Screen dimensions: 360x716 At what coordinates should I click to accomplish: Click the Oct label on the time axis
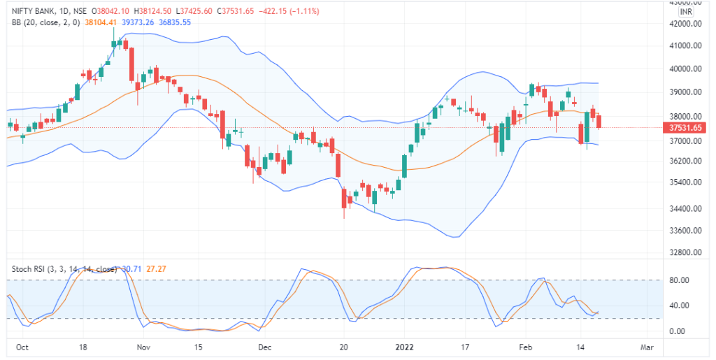(x=22, y=347)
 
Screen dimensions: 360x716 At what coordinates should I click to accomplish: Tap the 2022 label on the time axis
(x=406, y=347)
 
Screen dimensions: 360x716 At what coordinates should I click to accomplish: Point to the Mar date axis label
(x=647, y=347)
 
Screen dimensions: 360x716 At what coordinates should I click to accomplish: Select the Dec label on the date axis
(x=265, y=347)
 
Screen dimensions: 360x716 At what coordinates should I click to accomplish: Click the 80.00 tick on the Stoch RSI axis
(x=680, y=281)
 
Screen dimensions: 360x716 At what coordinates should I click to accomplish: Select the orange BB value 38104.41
(x=101, y=22)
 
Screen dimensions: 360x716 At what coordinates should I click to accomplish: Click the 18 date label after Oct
(x=83, y=347)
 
